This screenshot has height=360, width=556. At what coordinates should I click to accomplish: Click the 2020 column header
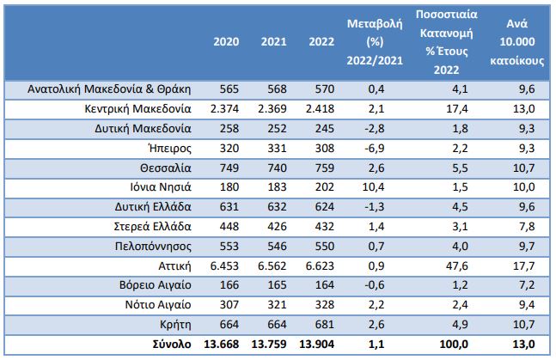[x=226, y=42]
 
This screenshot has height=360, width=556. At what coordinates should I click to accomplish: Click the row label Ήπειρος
[x=168, y=148]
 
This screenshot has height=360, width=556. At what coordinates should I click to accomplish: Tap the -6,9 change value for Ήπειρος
[x=374, y=148]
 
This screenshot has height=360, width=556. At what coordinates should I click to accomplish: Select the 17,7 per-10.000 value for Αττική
[x=522, y=266]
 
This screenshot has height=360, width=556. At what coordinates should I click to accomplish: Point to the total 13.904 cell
[x=309, y=345]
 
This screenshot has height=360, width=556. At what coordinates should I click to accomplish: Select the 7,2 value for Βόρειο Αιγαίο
[x=525, y=286]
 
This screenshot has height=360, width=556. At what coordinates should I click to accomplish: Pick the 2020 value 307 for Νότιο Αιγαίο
[x=229, y=306]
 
